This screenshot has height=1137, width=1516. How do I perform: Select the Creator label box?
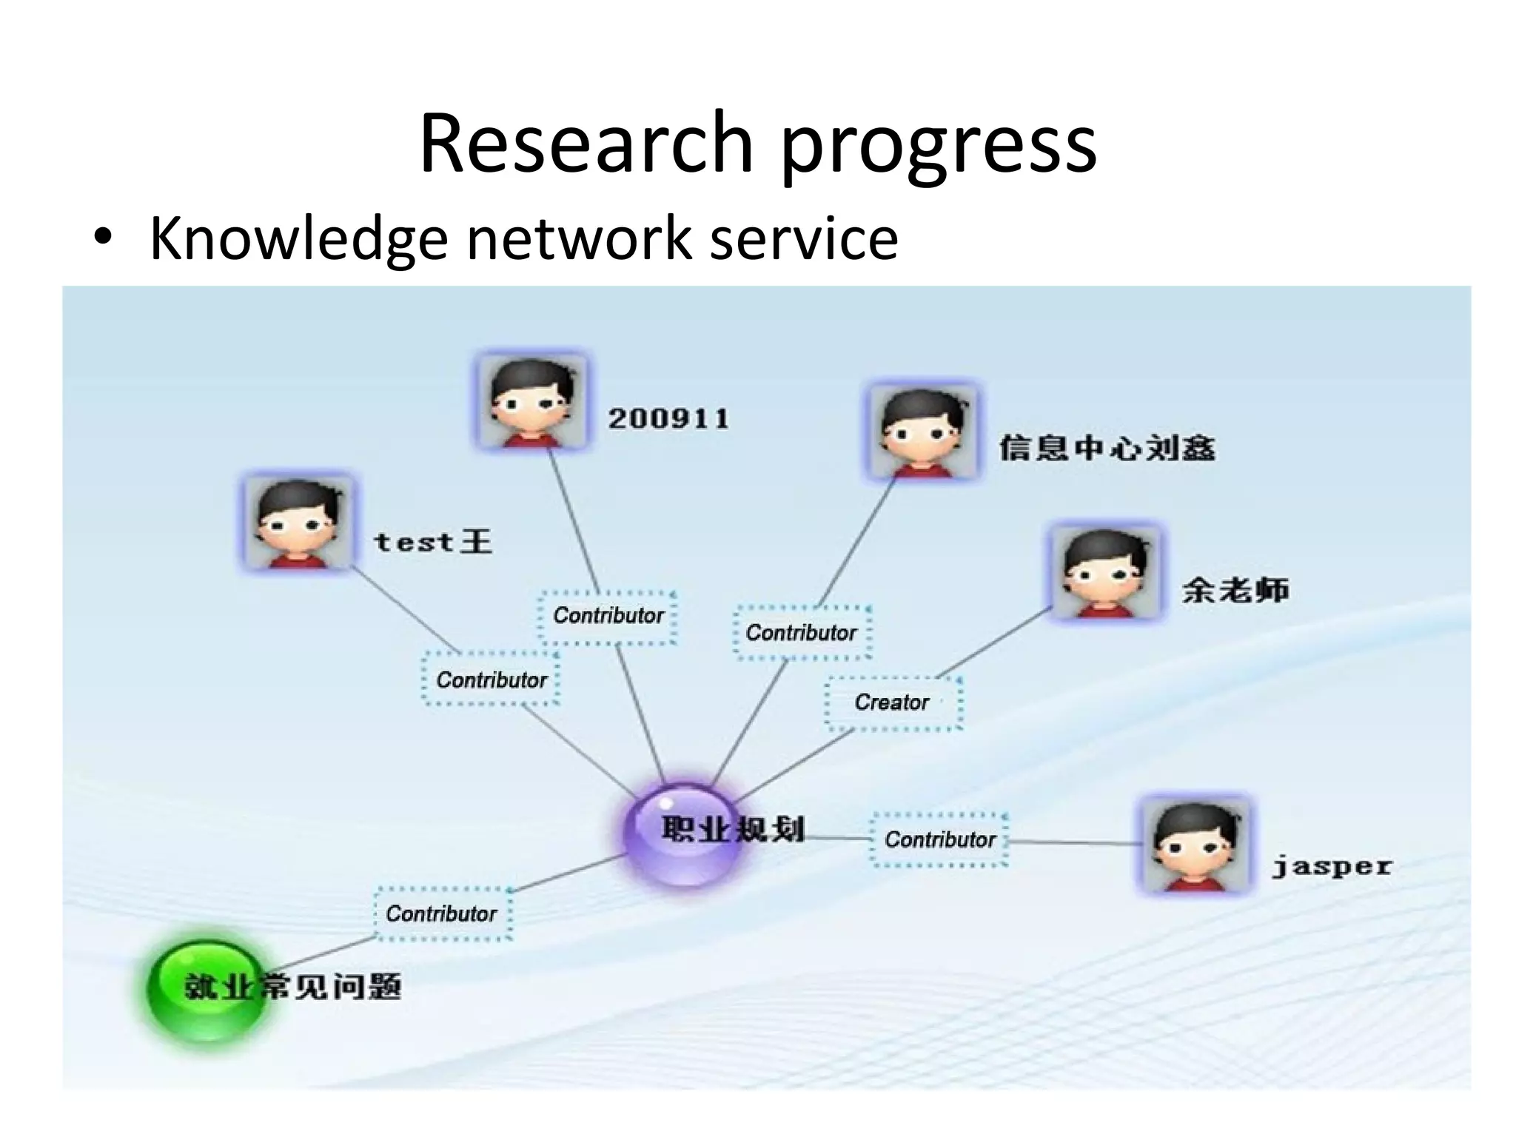(x=893, y=702)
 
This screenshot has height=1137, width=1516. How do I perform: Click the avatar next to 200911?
(x=531, y=402)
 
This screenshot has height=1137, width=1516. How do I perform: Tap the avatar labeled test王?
(x=298, y=523)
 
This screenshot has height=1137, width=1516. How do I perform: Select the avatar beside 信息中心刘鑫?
(x=922, y=432)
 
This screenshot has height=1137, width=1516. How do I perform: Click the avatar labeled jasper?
(x=1195, y=846)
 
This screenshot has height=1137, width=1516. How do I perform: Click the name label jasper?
(x=1331, y=866)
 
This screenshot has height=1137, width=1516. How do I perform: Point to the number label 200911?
(x=668, y=419)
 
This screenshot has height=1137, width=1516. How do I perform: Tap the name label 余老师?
(x=1235, y=590)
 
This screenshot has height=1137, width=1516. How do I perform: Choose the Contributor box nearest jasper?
(x=939, y=839)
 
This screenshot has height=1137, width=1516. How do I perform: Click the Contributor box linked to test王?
(x=491, y=680)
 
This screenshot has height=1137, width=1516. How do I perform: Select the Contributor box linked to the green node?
(x=442, y=913)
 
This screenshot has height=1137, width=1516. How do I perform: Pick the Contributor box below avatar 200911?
(x=608, y=615)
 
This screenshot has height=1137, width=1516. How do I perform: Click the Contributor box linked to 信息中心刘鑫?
(x=802, y=633)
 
